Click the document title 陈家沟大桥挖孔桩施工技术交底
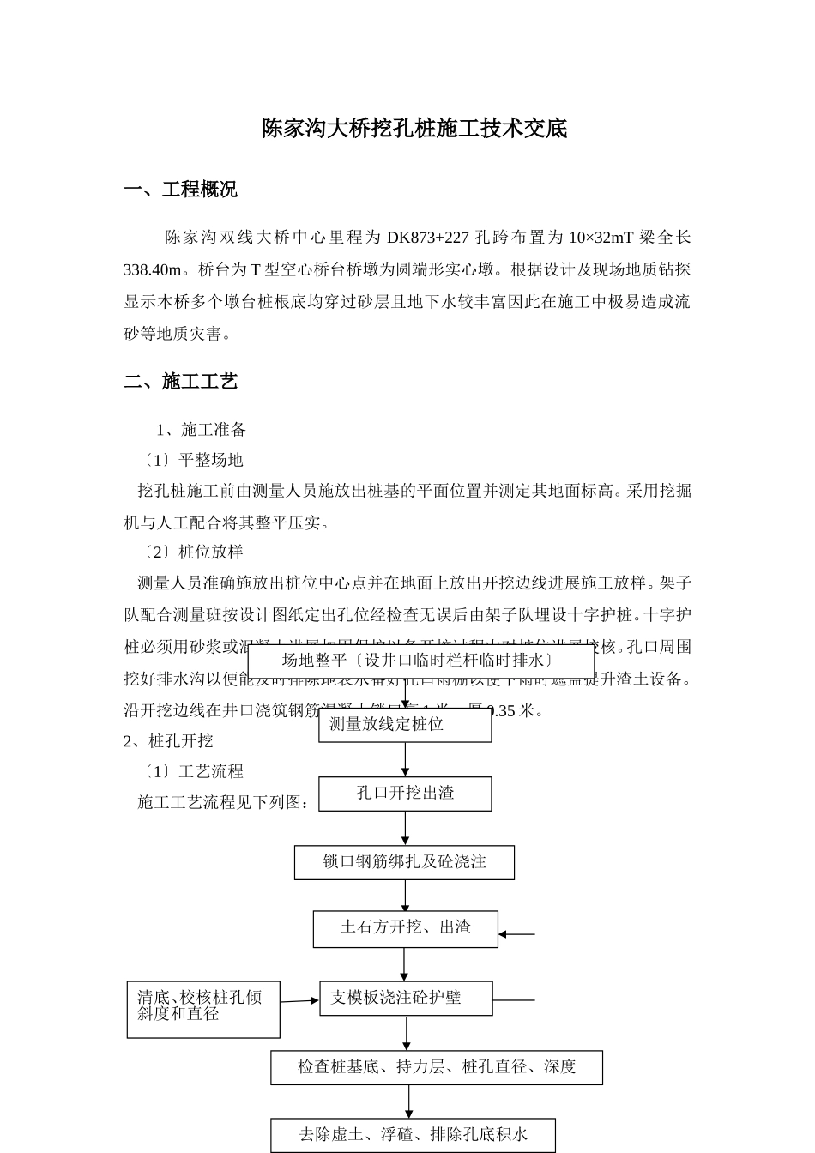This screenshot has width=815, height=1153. [x=414, y=130]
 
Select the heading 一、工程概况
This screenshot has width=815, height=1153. [x=181, y=190]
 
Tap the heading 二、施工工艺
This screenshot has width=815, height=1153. [x=181, y=382]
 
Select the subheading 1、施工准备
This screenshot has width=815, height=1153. [x=202, y=430]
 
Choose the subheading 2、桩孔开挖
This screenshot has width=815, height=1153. [x=169, y=740]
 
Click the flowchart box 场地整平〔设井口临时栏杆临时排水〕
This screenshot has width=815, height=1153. [x=420, y=661]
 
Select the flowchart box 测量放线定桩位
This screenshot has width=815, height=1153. [x=405, y=725]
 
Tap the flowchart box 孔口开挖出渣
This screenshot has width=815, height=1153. [x=405, y=794]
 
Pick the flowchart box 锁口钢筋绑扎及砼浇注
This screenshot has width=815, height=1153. [x=404, y=862]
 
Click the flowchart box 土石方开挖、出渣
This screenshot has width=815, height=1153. [x=405, y=928]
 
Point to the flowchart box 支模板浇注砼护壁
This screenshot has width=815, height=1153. [x=406, y=998]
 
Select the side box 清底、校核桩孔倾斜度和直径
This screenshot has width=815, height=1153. [x=203, y=1009]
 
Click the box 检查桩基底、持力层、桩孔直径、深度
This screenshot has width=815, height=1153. [x=437, y=1067]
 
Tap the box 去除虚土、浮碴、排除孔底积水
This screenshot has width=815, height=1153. [x=413, y=1135]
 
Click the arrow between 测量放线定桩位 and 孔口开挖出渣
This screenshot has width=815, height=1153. [x=406, y=759]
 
